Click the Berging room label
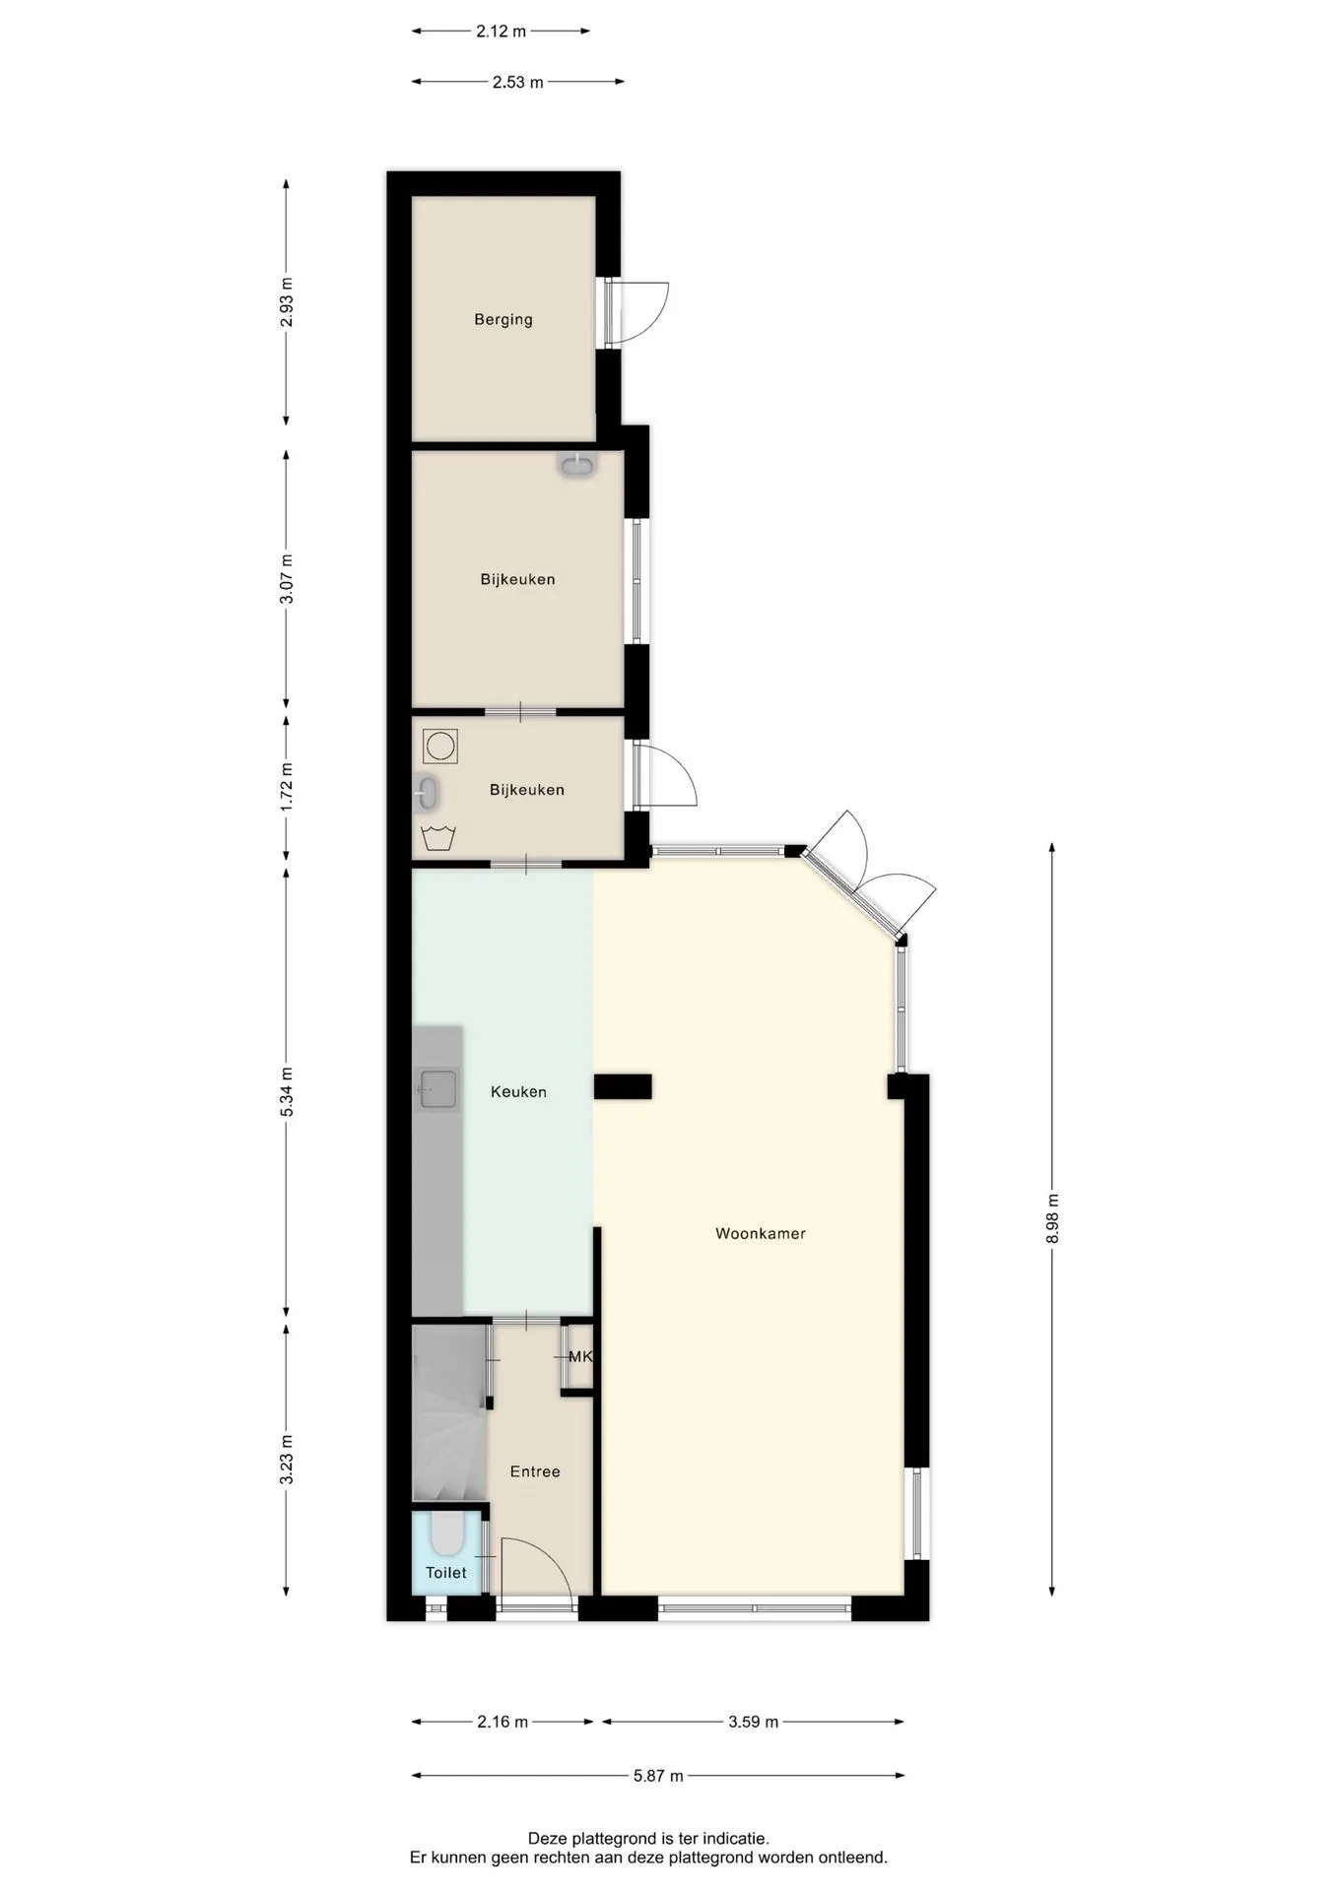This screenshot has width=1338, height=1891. pyautogui.click(x=502, y=319)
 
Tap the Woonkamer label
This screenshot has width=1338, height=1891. pyautogui.click(x=761, y=1233)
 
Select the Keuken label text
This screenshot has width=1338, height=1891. pyautogui.click(x=518, y=1091)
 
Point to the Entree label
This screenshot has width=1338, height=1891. pyautogui.click(x=535, y=1471)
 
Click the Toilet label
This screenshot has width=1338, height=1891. pyautogui.click(x=446, y=1572)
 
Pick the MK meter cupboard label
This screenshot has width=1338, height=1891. pyautogui.click(x=580, y=1356)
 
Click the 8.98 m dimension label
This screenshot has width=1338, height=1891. pyautogui.click(x=1052, y=1218)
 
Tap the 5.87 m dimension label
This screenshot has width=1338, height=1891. pyautogui.click(x=658, y=1776)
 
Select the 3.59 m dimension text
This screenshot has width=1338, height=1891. pyautogui.click(x=754, y=1722)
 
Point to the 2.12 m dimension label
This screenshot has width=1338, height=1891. pyautogui.click(x=502, y=31)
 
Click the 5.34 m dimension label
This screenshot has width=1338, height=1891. pyautogui.click(x=287, y=1091)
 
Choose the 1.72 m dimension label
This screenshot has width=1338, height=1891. pyautogui.click(x=287, y=787)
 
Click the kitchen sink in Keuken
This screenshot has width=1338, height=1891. pyautogui.click(x=439, y=1090)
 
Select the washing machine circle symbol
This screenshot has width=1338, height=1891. pyautogui.click(x=440, y=746)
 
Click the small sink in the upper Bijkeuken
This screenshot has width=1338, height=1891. pyautogui.click(x=577, y=464)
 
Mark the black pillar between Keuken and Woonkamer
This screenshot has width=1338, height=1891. pyautogui.click(x=623, y=1086)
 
